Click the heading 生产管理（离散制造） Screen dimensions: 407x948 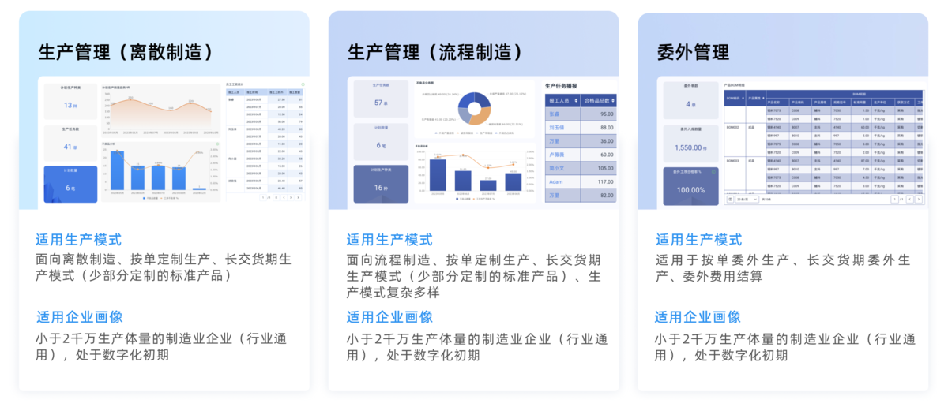point(127,53)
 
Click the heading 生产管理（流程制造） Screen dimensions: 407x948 point(436,53)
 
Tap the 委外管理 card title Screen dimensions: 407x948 point(693,53)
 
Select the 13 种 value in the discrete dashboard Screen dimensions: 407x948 point(70,106)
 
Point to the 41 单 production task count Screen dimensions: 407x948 point(70,147)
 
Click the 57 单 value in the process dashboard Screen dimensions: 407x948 point(380,103)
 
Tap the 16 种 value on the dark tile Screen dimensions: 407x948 point(380,188)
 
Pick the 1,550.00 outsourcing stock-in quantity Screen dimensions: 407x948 point(690,147)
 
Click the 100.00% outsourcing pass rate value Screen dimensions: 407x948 point(690,190)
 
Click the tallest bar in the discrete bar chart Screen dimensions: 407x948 point(118,170)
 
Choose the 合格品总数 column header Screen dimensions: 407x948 point(598,100)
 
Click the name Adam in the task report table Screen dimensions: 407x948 point(556,181)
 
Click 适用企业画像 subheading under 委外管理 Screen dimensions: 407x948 point(698,317)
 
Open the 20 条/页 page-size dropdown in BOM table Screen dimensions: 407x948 point(747,200)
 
